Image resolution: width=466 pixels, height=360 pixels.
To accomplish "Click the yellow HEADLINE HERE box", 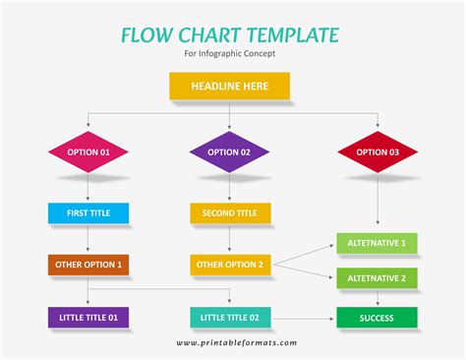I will point(229,87).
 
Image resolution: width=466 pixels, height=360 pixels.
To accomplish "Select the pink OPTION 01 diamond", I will point(87,152).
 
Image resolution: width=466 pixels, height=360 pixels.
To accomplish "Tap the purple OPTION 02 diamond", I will point(229,152).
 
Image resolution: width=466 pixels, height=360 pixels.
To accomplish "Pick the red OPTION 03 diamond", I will point(378,152).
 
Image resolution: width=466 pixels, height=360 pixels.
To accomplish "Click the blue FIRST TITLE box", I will point(87,212).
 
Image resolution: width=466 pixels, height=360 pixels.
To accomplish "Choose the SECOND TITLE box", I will point(229,212).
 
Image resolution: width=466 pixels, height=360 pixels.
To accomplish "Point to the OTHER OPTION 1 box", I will point(87,265).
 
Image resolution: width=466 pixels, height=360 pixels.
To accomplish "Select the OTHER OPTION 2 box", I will point(229,265).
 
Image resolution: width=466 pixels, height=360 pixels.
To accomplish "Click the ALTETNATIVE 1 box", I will point(378,242).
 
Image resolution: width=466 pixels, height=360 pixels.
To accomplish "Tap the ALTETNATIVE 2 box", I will point(378,278).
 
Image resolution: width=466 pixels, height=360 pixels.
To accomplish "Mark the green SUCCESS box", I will point(378,318).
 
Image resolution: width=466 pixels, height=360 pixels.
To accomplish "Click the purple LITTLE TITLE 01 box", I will point(87,317).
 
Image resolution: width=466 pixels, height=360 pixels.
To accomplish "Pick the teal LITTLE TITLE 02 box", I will point(229,317).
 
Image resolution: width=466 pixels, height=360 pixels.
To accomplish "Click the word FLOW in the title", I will point(147,35).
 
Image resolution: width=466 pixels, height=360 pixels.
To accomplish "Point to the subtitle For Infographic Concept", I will point(229,54).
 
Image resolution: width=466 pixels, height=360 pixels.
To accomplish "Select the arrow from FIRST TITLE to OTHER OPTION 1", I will point(87,239).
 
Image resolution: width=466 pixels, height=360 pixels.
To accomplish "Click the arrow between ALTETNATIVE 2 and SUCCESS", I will point(378,298).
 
